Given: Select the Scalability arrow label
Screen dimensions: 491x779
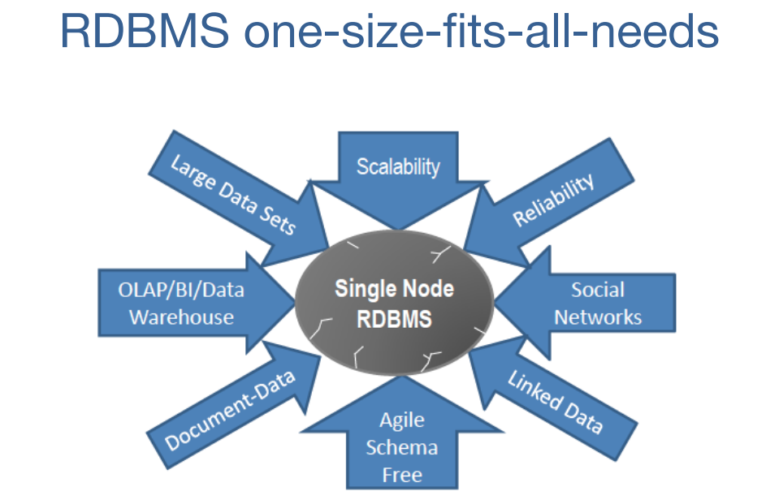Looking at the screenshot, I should click(398, 166).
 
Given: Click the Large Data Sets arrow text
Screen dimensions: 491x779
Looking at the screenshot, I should click(232, 194).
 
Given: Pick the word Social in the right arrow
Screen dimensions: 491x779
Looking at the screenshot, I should click(597, 290).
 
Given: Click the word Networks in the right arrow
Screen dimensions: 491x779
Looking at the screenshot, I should click(598, 317).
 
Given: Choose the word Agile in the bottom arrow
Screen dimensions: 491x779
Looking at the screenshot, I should click(401, 420).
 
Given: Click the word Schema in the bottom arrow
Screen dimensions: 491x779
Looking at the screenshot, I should click(401, 447).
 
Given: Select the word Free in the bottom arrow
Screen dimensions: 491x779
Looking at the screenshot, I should click(401, 474).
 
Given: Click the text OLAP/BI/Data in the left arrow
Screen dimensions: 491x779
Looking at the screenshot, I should click(181, 290).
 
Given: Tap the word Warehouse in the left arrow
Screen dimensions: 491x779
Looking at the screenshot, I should click(181, 317).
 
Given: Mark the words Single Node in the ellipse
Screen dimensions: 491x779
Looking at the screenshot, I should click(394, 289).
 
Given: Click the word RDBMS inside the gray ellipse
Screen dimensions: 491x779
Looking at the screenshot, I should click(394, 318).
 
